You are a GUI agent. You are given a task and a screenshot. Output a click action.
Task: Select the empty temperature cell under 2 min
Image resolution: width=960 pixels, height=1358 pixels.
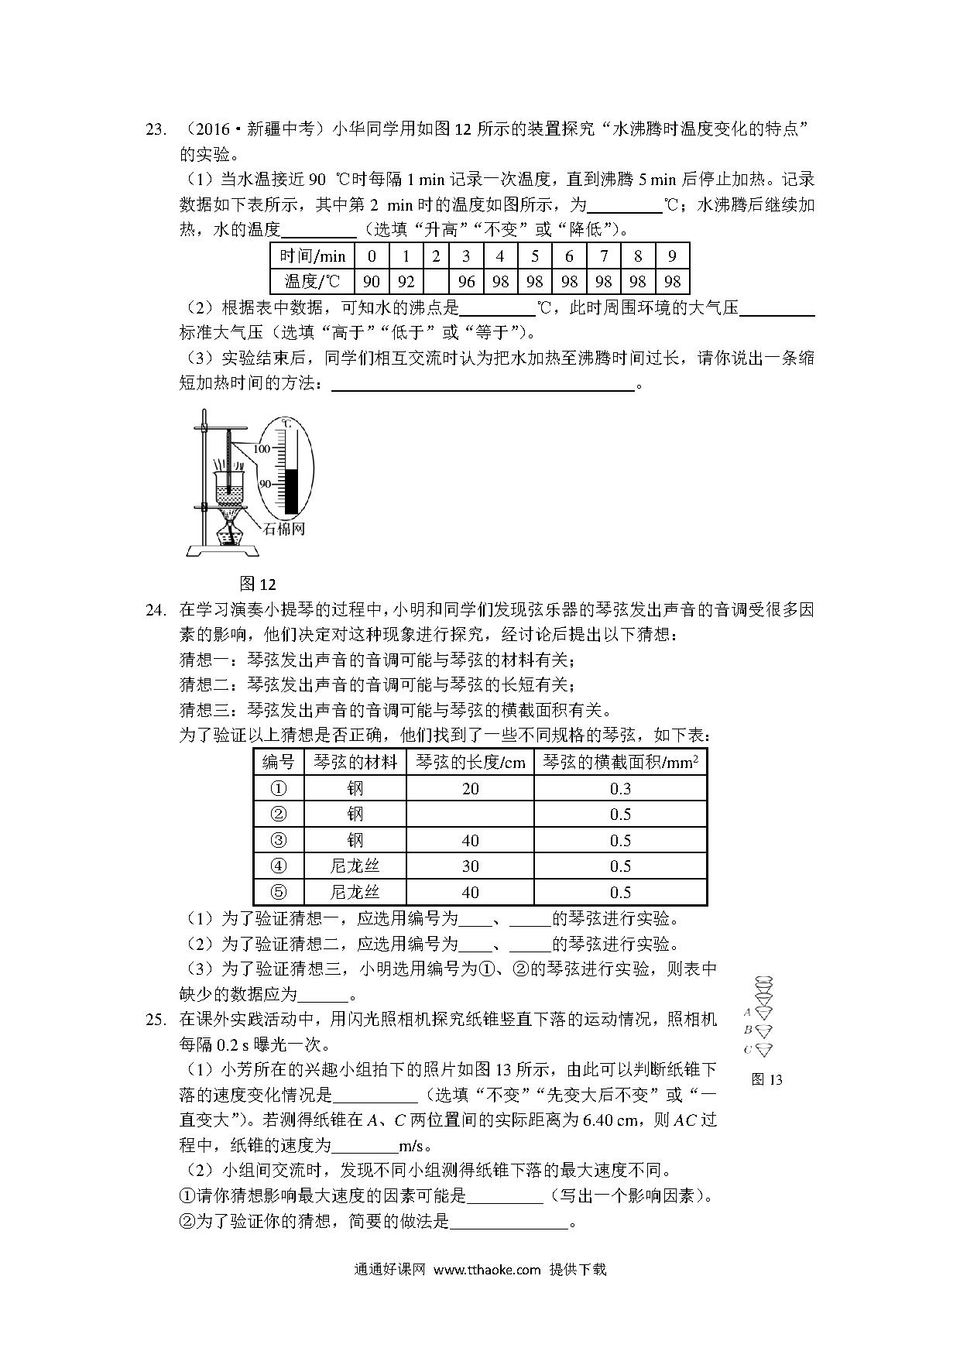[436, 281]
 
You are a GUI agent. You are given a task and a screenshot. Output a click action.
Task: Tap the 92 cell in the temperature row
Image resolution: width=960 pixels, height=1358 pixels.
[406, 281]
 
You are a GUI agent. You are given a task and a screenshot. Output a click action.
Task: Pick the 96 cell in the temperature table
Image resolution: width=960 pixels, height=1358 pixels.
[466, 281]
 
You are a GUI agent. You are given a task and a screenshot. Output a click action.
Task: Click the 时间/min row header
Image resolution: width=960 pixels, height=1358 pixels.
[312, 256]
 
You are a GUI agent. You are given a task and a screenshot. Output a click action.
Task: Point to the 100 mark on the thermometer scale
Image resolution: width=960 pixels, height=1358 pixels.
[262, 448]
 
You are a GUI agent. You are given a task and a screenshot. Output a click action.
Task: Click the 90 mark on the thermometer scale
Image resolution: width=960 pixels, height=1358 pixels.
[265, 484]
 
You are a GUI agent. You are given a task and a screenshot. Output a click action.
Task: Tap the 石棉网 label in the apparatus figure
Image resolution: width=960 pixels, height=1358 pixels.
[283, 529]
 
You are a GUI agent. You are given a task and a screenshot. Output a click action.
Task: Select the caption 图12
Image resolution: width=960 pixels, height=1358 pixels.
[258, 584]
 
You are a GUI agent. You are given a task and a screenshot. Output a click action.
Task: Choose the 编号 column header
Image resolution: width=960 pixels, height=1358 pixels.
[279, 763]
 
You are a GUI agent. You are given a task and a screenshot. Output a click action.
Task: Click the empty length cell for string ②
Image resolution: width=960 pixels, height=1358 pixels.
[470, 814]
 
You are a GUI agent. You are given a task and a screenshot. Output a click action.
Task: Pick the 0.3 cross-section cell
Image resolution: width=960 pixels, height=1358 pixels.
[620, 789]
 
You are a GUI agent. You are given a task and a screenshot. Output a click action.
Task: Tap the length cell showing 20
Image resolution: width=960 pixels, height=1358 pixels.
[470, 789]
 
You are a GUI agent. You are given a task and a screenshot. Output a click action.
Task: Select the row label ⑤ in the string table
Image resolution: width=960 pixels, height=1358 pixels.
[279, 892]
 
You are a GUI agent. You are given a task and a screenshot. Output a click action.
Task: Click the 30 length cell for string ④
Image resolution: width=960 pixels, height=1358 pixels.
[470, 866]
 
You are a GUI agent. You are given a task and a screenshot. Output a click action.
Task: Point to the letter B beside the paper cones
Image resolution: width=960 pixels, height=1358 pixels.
[748, 1030]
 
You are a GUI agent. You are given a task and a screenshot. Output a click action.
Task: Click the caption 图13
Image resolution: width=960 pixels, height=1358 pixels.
[766, 1080]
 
